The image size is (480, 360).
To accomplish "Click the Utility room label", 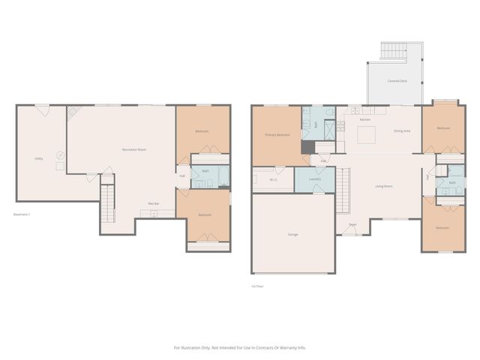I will coord(38,158).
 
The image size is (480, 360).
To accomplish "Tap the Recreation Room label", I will coord(134,150).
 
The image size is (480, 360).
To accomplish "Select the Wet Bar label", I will coord(153,204).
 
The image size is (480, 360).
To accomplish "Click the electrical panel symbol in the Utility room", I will coord(60,156).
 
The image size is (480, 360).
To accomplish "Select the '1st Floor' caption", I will coord(257,286).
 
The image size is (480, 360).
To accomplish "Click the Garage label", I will coord(292,235).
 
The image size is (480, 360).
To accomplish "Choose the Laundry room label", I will coord(314,179).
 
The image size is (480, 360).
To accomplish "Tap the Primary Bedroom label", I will coord(277,135).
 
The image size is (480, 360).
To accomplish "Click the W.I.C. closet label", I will coord(274,179).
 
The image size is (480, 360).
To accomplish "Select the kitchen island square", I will coord(366,134).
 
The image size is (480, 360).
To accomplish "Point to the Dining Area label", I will coord(402,131).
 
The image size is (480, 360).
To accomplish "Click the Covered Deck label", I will coord(397,80).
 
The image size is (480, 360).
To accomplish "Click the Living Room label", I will coord(384,186).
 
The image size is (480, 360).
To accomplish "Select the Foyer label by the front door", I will coord(352,224).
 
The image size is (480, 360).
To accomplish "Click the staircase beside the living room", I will coord(343,190).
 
